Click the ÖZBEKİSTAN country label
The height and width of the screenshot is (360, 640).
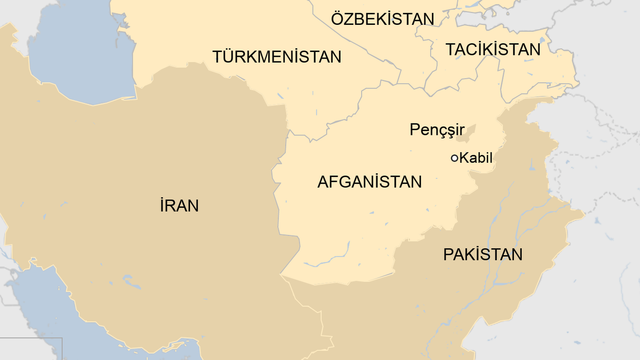tap(382, 19)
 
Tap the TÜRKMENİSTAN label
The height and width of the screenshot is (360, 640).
tap(277, 57)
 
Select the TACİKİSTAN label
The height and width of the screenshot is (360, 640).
tap(493, 50)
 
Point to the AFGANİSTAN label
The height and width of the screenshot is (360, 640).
tap(369, 182)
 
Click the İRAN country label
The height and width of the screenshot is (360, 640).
tap(179, 206)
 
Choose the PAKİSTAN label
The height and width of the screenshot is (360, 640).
tap(483, 255)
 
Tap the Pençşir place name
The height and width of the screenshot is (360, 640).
tap(437, 130)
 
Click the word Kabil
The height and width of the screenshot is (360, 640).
tap(476, 158)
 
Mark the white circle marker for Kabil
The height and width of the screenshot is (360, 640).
tap(455, 158)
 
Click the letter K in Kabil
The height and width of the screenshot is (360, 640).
tap(464, 158)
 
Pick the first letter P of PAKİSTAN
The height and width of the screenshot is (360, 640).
tap(448, 255)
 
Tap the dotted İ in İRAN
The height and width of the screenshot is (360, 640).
tap(162, 206)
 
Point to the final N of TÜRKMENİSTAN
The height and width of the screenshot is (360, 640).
tap(335, 57)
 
